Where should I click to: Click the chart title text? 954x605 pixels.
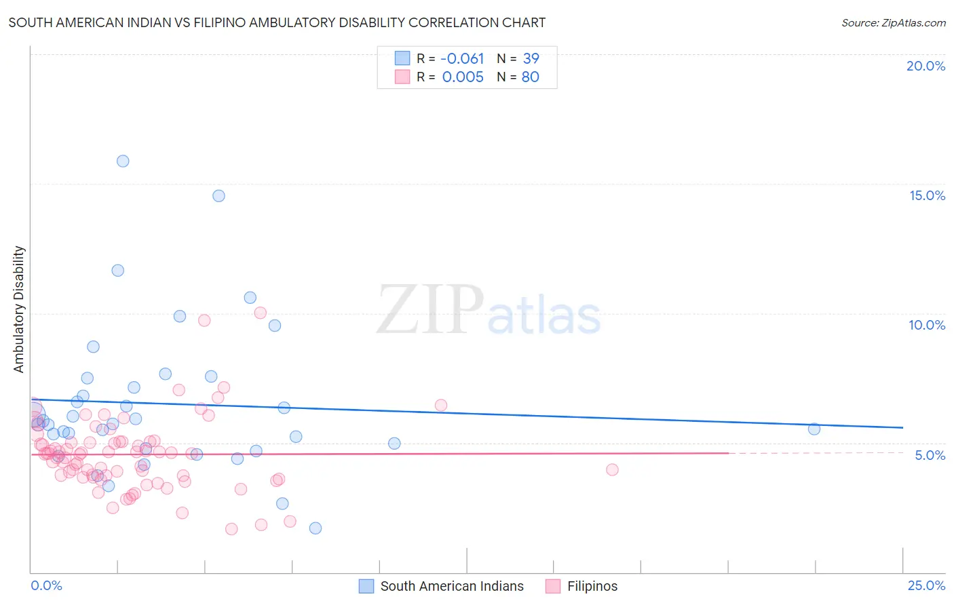277,22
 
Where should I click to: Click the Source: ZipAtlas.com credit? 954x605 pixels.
893,22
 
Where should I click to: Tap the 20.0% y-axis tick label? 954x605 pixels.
926,66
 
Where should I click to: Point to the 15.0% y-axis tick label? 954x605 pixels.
927,195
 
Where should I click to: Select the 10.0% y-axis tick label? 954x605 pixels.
927,325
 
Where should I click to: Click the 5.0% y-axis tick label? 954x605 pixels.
930,455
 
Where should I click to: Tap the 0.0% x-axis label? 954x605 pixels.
46,585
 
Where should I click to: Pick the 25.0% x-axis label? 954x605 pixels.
926,585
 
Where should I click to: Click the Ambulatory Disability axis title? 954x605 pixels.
19,309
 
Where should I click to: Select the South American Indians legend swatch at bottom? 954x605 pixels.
366,586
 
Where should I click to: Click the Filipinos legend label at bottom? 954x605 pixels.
592,586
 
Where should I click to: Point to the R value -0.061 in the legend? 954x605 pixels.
462,59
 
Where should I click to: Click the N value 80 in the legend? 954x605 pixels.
530,77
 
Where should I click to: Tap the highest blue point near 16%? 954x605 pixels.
123,161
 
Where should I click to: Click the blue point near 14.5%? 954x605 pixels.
218,195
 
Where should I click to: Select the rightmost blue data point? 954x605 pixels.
814,429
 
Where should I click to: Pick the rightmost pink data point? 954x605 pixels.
612,469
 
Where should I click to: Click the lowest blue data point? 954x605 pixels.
316,528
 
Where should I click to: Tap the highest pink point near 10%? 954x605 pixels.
261,313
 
